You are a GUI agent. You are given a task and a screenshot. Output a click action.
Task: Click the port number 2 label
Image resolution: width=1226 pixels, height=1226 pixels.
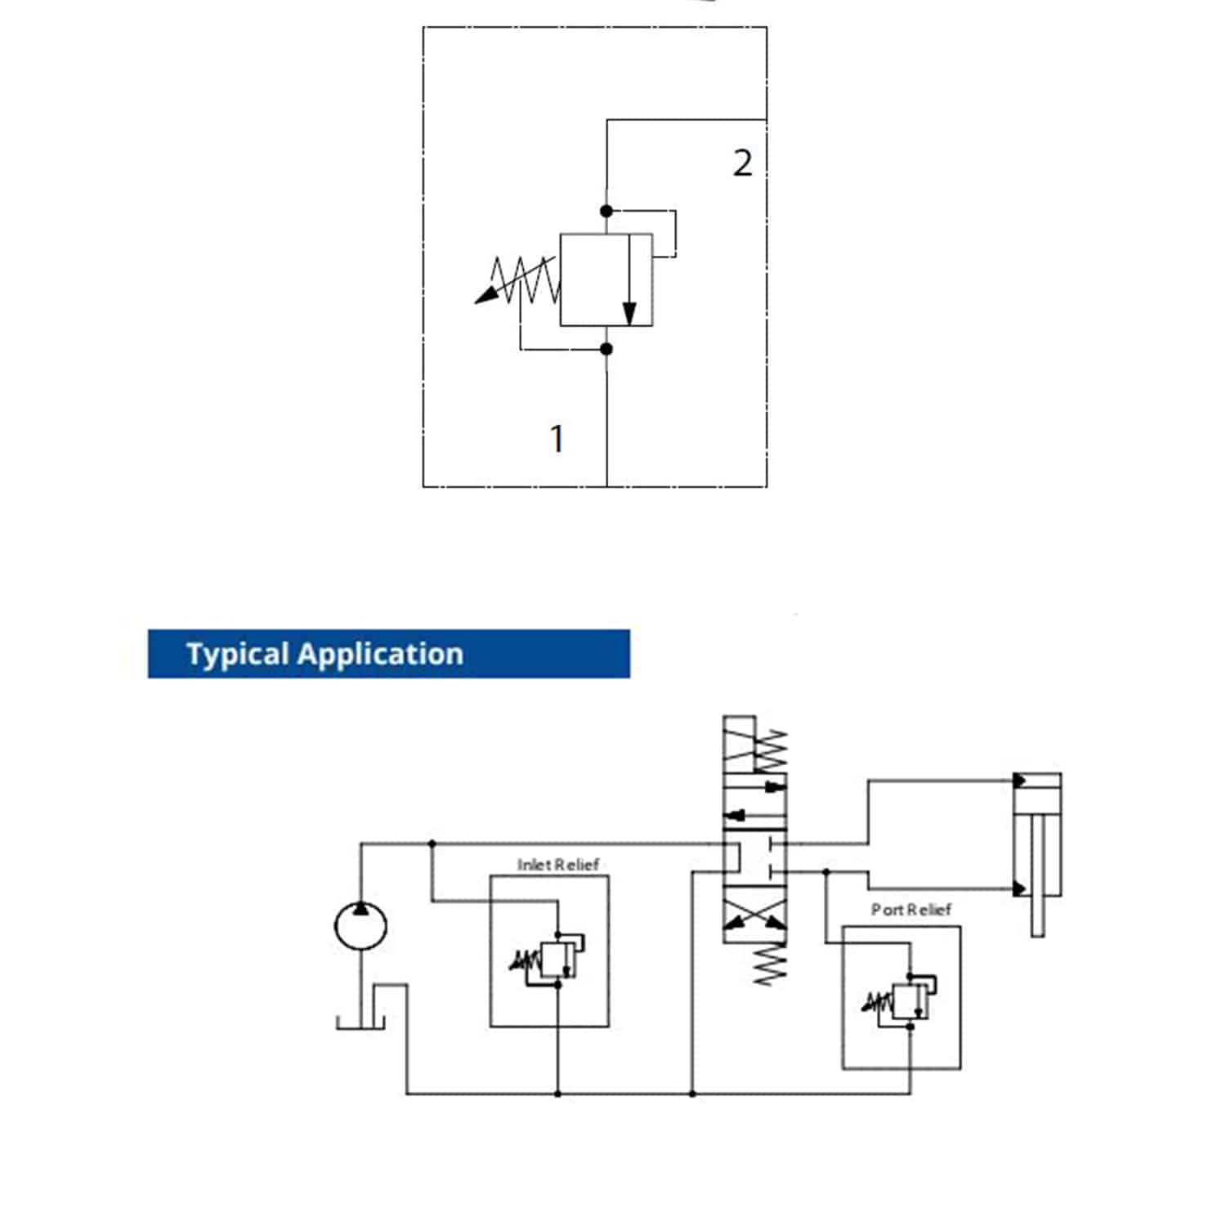741,163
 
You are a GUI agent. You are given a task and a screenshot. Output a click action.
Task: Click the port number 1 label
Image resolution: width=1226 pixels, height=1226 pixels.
557,439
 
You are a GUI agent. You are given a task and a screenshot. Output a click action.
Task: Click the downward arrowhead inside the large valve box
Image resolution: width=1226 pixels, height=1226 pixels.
629,314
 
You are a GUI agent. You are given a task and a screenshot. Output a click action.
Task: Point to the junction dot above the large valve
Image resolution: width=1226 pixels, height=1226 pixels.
606,211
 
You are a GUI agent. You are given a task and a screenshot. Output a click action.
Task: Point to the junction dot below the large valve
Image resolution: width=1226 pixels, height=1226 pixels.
606,349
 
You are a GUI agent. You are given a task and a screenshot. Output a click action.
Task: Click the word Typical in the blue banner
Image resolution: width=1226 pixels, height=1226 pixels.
237,654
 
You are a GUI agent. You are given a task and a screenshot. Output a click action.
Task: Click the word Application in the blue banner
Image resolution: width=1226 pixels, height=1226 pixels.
380,654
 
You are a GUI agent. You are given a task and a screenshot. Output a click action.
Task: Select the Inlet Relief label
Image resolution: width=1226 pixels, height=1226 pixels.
558,864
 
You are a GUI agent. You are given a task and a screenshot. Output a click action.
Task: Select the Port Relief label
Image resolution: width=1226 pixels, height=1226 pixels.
911,909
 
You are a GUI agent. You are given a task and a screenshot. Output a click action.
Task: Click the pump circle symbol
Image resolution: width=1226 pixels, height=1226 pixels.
360,926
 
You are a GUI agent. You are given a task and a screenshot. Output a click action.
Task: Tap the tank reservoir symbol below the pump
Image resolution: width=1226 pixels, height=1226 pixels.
360,1022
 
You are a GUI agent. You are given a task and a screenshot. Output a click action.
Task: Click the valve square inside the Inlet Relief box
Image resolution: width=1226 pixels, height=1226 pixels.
557,959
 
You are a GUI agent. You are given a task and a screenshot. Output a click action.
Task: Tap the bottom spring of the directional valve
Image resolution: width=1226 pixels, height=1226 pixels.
769,964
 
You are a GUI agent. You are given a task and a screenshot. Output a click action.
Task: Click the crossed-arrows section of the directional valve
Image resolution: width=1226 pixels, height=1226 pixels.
755,920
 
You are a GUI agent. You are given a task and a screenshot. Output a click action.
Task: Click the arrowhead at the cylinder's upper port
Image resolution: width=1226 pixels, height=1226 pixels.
1019,781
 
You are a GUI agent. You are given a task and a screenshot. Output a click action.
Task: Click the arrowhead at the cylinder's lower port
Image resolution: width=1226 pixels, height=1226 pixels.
1019,888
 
